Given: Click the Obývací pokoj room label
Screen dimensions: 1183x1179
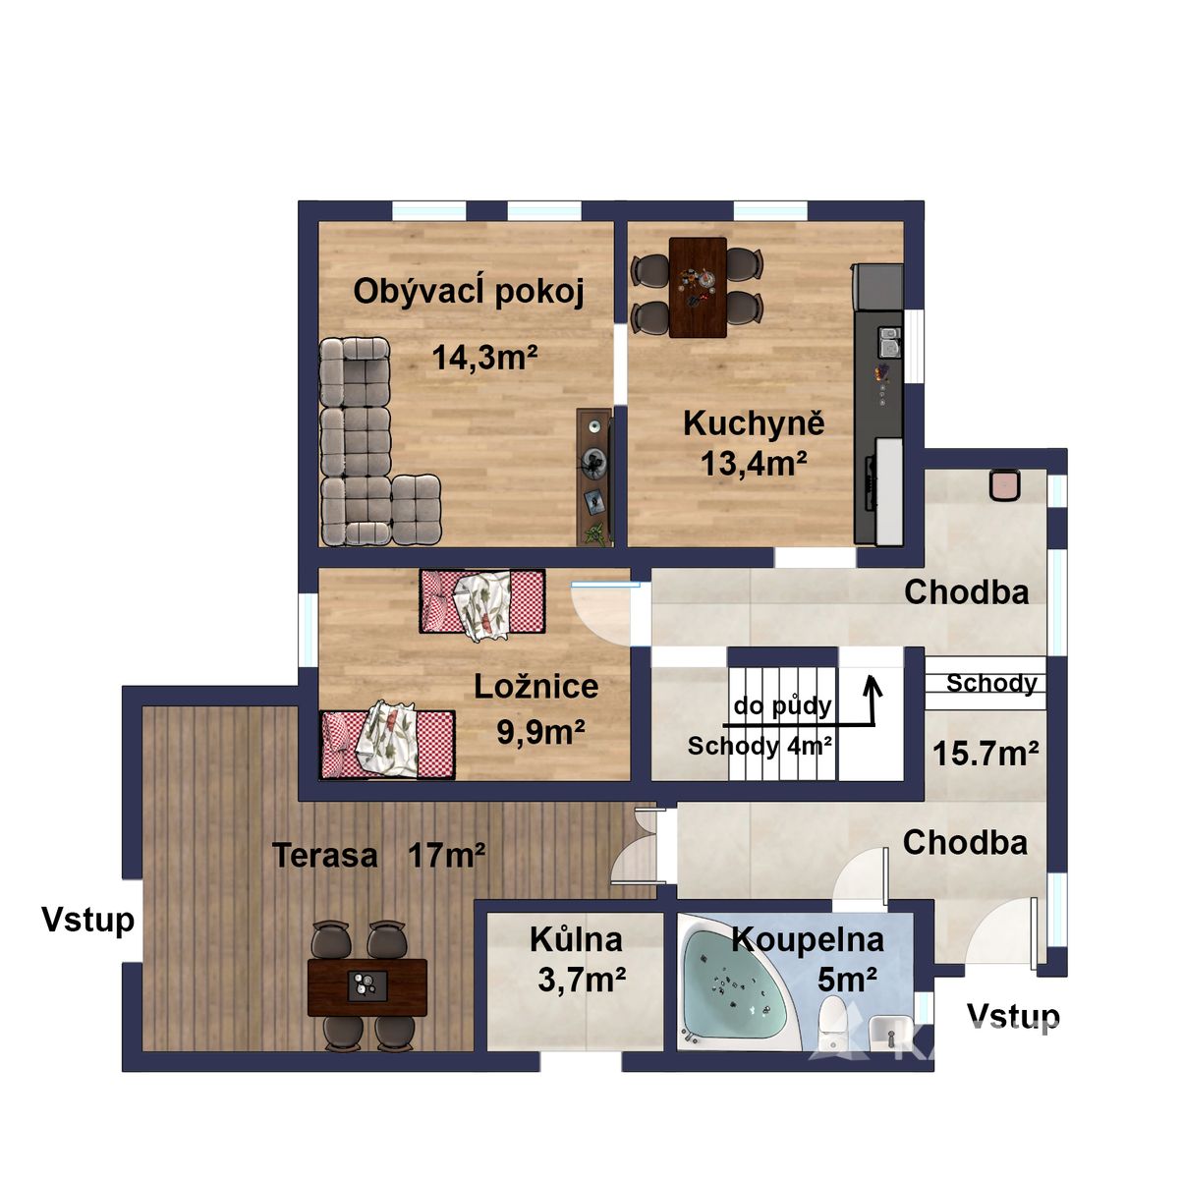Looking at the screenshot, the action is [x=468, y=293].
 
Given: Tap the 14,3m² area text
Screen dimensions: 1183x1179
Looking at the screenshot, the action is [x=485, y=358].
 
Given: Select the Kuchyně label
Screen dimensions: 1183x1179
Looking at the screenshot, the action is [x=754, y=424].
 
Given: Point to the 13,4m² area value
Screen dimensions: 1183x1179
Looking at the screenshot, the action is [x=754, y=464].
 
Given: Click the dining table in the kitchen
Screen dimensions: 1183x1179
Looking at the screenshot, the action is [x=698, y=287].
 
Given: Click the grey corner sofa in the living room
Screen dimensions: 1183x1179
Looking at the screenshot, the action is [x=368, y=441].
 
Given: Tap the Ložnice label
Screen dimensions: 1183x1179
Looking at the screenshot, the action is [x=535, y=687].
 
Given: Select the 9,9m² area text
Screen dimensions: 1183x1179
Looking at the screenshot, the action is [x=540, y=732].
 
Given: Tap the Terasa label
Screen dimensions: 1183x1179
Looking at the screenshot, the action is [x=325, y=856].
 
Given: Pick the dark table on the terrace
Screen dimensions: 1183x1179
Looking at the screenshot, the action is [x=367, y=988].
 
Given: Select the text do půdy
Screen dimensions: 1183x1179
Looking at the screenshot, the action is [x=783, y=707].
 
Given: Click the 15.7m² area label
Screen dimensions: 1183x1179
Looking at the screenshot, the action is [x=986, y=754].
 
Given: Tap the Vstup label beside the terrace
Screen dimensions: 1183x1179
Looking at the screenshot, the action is [x=88, y=921].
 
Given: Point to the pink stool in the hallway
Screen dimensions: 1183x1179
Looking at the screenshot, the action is [x=1005, y=483].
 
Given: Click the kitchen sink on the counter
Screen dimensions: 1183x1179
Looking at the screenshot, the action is [x=888, y=343].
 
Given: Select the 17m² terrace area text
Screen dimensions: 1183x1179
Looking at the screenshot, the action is [x=447, y=855].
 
